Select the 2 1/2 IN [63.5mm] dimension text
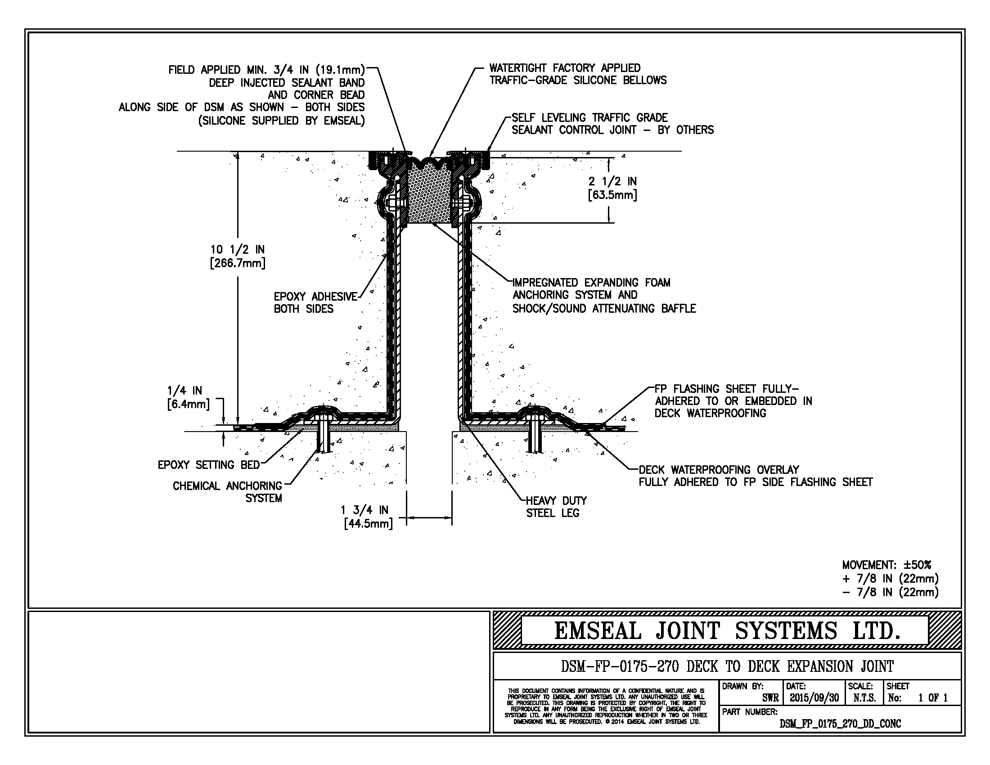click(612, 188)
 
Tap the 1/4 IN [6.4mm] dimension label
click(188, 397)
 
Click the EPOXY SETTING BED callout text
click(208, 465)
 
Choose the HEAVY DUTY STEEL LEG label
click(556, 507)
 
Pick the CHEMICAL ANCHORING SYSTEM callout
click(228, 492)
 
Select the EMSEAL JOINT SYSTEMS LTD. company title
click(727, 631)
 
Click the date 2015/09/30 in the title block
click(814, 698)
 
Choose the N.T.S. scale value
click(864, 698)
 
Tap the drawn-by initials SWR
click(770, 698)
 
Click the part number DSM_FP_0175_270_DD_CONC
click(840, 724)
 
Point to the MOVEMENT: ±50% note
click(886, 565)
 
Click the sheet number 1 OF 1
click(933, 698)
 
